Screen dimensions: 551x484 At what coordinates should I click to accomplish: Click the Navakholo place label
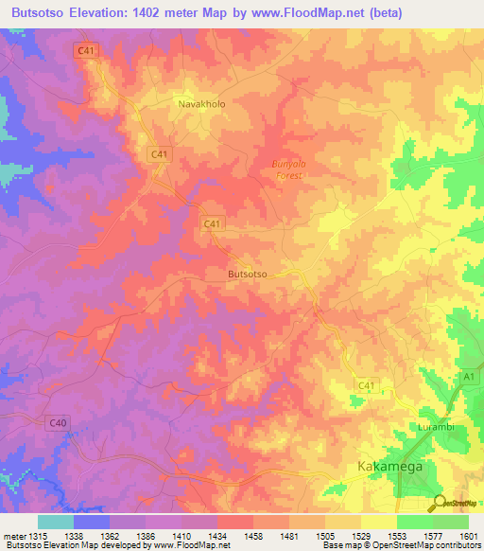[202, 104]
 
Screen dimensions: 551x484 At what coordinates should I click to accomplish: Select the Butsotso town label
[249, 274]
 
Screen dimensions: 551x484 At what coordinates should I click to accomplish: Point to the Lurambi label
[438, 427]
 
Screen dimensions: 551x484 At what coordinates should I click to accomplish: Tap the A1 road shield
[465, 377]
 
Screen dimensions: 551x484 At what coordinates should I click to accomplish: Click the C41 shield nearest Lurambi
[368, 383]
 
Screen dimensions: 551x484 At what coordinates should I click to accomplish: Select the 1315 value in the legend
[37, 537]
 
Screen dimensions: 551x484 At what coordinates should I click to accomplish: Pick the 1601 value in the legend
[466, 537]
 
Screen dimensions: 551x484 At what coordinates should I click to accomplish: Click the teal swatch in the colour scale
[56, 522]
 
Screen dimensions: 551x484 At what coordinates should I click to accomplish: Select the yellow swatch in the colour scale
[379, 522]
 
